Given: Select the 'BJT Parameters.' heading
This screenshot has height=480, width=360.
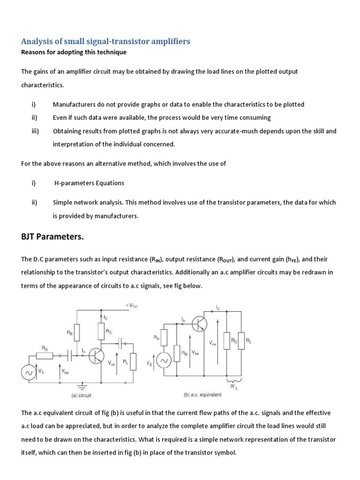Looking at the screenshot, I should (52, 237).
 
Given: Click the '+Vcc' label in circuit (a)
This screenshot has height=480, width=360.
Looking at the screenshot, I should (131, 305).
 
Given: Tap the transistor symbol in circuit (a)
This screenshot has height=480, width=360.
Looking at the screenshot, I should (97, 356).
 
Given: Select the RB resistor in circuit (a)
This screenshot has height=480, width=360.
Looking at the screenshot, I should (77, 333).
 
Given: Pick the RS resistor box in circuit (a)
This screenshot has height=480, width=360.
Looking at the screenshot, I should (45, 356).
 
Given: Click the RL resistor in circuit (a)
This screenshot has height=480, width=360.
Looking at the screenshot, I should (133, 361).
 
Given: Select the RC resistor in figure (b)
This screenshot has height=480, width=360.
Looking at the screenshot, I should (227, 341).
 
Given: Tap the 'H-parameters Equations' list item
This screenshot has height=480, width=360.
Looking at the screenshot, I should (90, 183).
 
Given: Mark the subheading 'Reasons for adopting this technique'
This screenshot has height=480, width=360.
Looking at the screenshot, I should (74, 52).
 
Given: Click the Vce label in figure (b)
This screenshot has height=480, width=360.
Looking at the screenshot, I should (213, 343).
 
